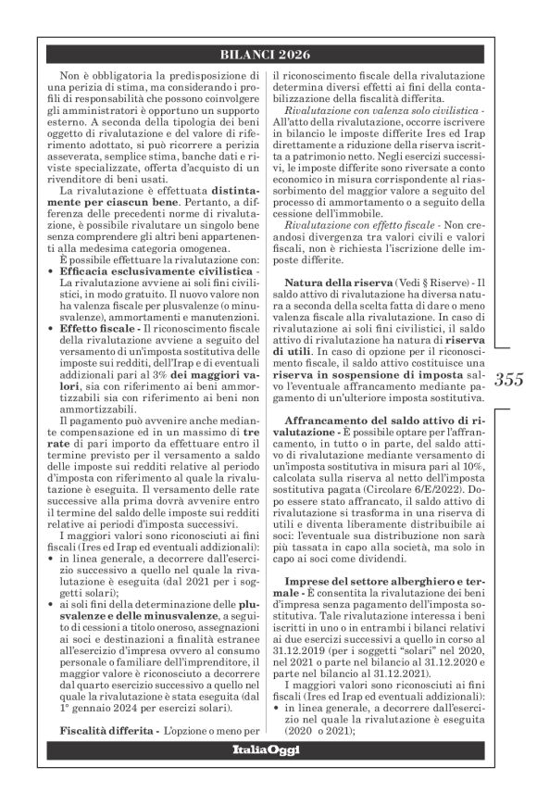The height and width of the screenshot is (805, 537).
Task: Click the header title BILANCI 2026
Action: coord(268,53)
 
